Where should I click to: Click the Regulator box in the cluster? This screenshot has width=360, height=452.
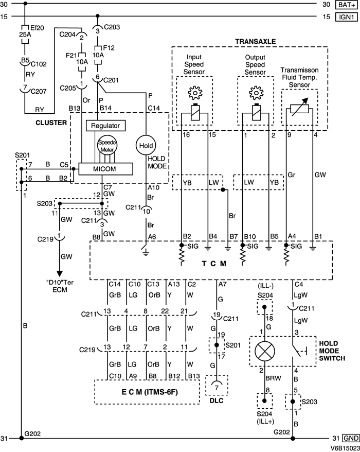(x=105, y=126)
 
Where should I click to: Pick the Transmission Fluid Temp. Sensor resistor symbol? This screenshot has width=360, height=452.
(x=300, y=108)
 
